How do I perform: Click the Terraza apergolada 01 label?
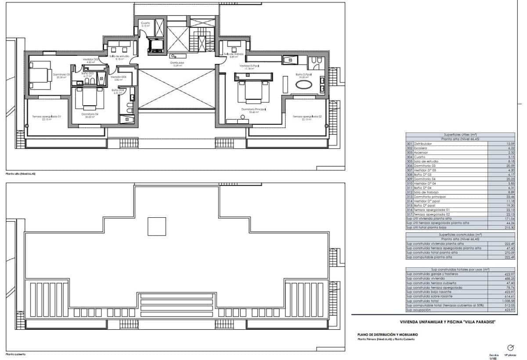click(46, 116)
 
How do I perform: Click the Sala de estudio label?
click(119, 56)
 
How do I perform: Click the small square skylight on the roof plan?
click(156, 227)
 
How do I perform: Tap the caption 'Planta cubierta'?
click(16, 354)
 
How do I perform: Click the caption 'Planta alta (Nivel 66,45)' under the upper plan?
click(20, 174)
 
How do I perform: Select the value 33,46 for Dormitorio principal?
click(509, 197)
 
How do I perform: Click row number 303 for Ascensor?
click(409, 152)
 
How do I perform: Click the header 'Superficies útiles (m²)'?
click(460, 134)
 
